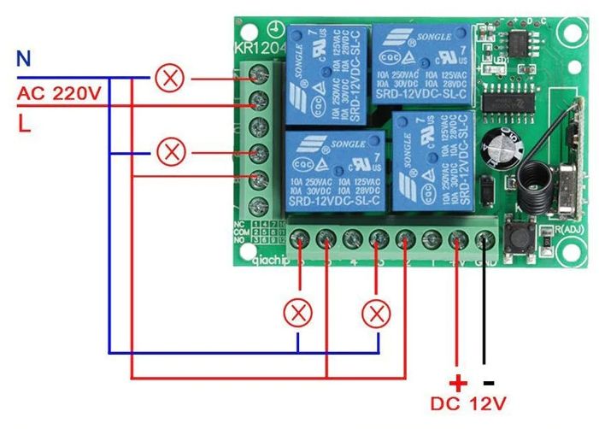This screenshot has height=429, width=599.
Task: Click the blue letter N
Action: click(x=24, y=59)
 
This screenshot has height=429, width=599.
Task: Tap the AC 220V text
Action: click(x=58, y=92)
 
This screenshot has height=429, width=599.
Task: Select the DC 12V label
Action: click(x=469, y=403)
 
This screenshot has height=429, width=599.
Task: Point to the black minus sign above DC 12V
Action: click(x=488, y=381)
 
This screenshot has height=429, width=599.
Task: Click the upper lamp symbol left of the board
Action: click(x=172, y=79)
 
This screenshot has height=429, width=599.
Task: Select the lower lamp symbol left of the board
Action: click(x=172, y=153)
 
